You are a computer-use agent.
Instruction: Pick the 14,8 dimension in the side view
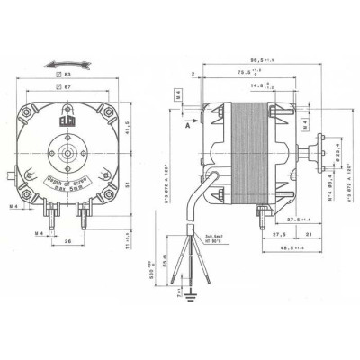(239, 87)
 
